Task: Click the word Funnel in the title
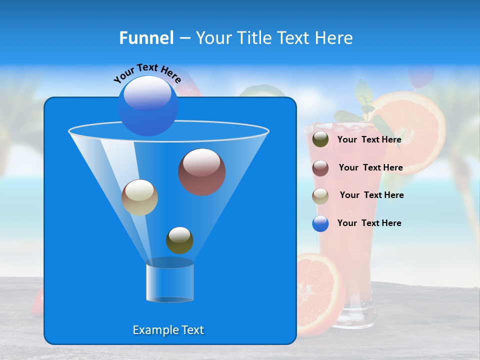pyautogui.click(x=146, y=38)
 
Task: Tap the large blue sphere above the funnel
pyautogui.click(x=148, y=105)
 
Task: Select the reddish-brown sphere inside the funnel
pyautogui.click(x=202, y=172)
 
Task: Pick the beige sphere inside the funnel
pyautogui.click(x=139, y=197)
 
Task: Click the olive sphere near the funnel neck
pyautogui.click(x=179, y=240)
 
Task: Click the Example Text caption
pyautogui.click(x=168, y=330)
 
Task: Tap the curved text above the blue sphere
pyautogui.click(x=147, y=73)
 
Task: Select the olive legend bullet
pyautogui.click(x=320, y=139)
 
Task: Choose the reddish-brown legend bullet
pyautogui.click(x=320, y=168)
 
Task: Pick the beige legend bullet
pyautogui.click(x=320, y=196)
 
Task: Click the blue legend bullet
pyautogui.click(x=320, y=223)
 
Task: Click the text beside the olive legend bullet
pyautogui.click(x=369, y=139)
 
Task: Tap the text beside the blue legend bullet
pyautogui.click(x=369, y=223)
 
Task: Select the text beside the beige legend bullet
pyautogui.click(x=371, y=195)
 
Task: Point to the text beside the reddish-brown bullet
pyautogui.click(x=370, y=167)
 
